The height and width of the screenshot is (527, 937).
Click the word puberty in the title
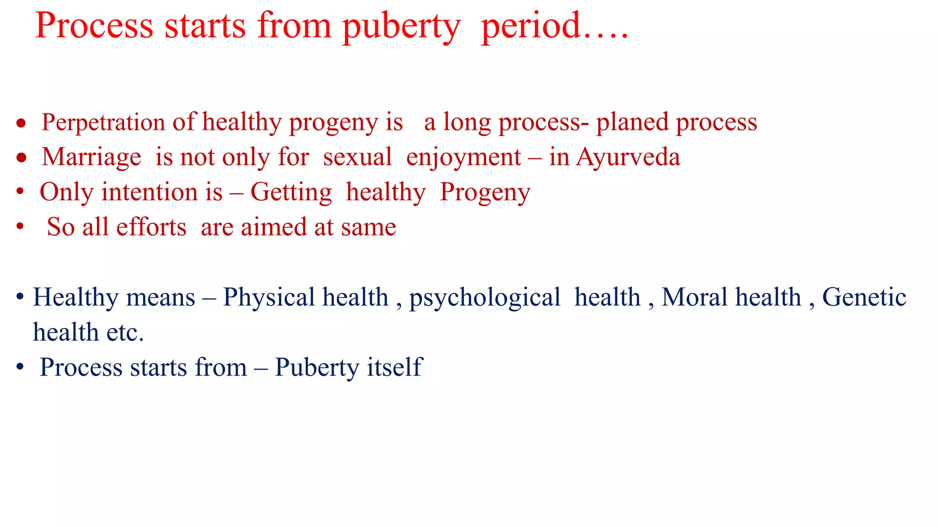(x=401, y=27)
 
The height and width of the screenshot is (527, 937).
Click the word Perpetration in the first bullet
(x=103, y=123)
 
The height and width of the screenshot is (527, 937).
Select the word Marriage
(x=92, y=157)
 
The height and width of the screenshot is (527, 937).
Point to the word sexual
(x=357, y=157)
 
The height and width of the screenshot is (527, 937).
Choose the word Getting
(x=291, y=192)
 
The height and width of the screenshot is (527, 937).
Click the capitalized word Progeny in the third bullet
(x=485, y=192)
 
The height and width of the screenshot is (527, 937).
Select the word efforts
(x=151, y=227)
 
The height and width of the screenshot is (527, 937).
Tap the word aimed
(x=274, y=227)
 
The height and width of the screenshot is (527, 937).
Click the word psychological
(x=485, y=298)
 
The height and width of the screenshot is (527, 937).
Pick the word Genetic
(x=864, y=297)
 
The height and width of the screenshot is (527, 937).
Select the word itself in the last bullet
(x=394, y=367)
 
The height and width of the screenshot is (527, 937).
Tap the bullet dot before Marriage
(x=21, y=158)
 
